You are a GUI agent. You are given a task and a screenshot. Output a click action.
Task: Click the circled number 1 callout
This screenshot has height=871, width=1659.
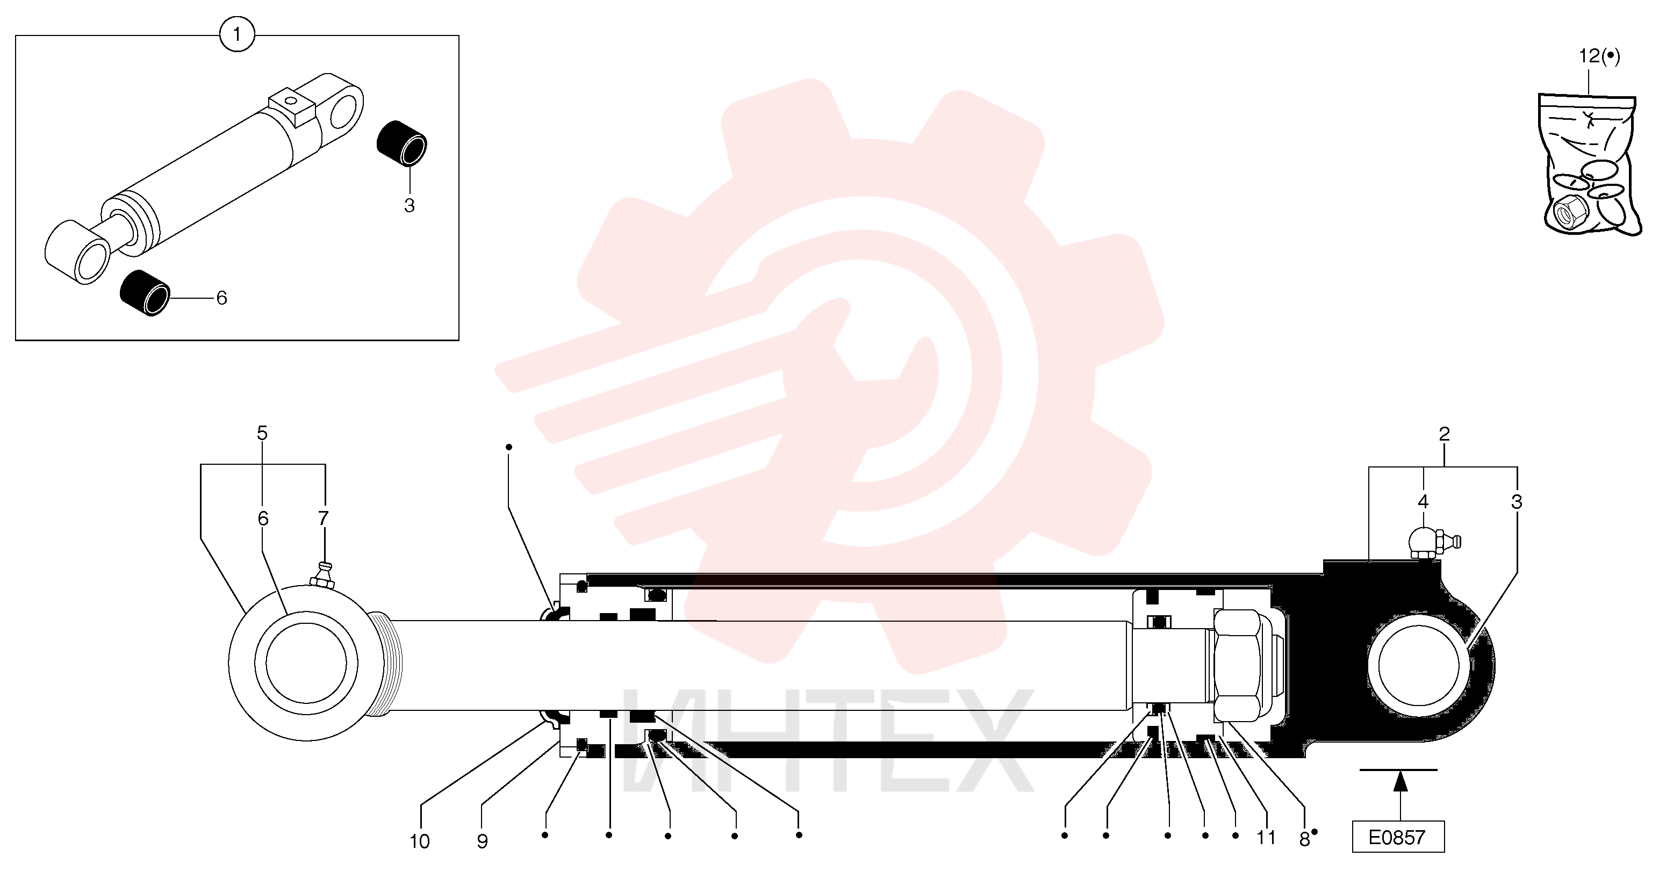(237, 34)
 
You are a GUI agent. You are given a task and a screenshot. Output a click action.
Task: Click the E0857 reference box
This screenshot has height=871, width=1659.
(1397, 837)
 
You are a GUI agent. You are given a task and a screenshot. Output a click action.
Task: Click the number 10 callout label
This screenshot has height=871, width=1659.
(419, 841)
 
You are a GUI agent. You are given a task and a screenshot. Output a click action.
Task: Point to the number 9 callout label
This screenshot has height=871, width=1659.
(483, 841)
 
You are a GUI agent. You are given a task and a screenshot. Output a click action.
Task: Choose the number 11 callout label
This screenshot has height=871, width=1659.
(1266, 838)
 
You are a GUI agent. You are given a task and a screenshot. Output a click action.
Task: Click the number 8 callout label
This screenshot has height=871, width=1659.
(1304, 839)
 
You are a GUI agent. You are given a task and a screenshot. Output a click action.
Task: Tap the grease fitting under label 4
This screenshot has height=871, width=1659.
(1434, 543)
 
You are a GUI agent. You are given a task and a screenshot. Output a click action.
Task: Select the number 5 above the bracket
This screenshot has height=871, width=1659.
(262, 433)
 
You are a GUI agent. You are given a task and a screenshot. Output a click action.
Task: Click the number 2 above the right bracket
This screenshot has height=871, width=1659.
(1444, 434)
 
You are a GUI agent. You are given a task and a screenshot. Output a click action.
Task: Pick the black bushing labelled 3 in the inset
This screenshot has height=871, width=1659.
(402, 143)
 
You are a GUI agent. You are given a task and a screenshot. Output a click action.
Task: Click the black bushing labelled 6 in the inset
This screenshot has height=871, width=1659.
(145, 293)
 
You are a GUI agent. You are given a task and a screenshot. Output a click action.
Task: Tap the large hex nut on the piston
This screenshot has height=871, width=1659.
(1237, 666)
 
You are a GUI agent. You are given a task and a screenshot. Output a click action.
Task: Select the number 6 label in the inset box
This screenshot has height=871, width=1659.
(221, 298)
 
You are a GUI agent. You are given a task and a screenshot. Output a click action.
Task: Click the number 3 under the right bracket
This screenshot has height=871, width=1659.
(1516, 502)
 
